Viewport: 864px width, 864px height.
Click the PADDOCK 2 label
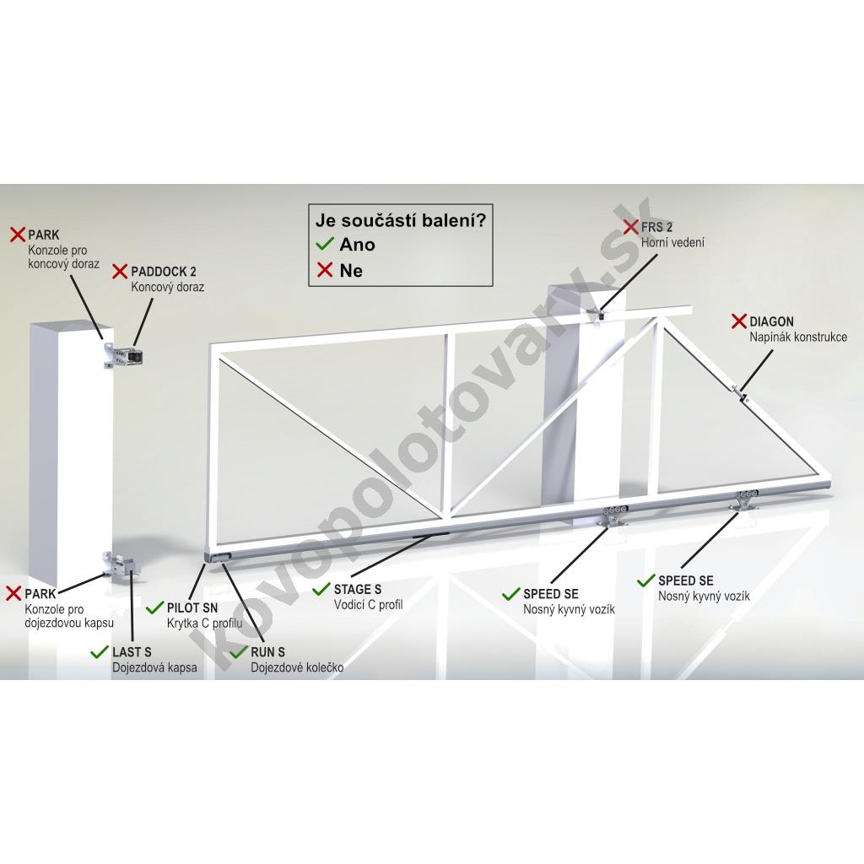coord(163,272)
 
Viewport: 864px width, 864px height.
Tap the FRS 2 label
coord(656,227)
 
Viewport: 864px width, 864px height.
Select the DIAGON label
coord(771,321)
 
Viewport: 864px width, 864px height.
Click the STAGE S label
coord(358,590)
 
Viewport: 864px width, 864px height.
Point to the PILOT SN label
coord(192,607)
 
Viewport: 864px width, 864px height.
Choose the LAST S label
coord(132,652)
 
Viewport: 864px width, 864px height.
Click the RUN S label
coord(267,652)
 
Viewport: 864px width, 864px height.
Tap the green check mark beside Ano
coord(325,244)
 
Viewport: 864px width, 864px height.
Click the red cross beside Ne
coord(325,270)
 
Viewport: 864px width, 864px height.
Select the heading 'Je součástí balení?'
coord(401,220)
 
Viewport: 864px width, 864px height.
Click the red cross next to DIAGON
coord(739,321)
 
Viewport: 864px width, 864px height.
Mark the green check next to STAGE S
coord(321,590)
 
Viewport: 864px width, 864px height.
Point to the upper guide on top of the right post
coord(601,315)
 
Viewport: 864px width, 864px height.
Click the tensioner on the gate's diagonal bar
coord(739,393)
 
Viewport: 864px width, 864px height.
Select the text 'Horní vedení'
coord(672,242)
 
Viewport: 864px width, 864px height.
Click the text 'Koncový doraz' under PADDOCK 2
coord(168,287)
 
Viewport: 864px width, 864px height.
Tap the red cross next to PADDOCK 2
coord(120,271)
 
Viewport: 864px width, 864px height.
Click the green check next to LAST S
coord(100,652)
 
